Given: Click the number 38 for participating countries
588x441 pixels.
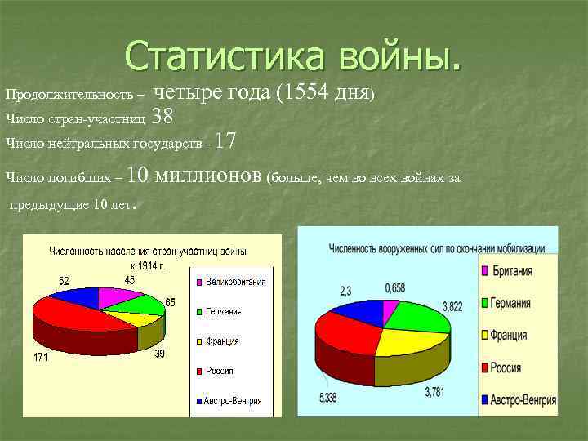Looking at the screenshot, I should point(162,118).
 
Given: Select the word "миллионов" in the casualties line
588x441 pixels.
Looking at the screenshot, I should point(208,176).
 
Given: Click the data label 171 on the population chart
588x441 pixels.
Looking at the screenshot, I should point(40,357).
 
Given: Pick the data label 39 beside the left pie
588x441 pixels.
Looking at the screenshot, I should point(160,354).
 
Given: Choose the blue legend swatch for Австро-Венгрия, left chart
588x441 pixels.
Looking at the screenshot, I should point(198,401).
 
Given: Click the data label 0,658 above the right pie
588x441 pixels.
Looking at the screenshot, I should point(396,288).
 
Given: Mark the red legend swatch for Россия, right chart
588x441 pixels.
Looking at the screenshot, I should point(483,368).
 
